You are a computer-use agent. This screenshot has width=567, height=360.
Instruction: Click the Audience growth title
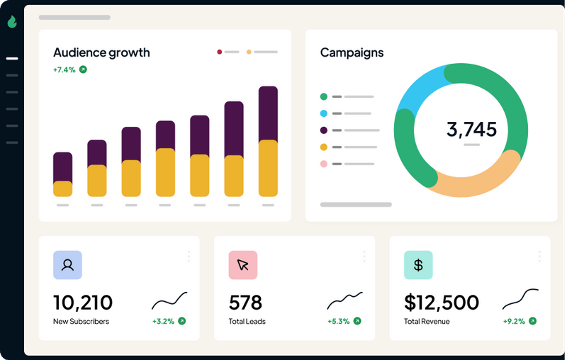pyautogui.click(x=101, y=52)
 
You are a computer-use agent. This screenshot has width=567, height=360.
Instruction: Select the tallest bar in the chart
pyautogui.click(x=268, y=141)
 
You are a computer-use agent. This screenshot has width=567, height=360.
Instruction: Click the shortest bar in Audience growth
pyautogui.click(x=63, y=174)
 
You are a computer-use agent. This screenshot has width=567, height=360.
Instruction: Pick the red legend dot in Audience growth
pyautogui.click(x=220, y=52)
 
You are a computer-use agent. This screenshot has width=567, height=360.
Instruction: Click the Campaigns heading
pyautogui.click(x=352, y=52)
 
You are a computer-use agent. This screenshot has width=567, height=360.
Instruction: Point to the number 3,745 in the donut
pyautogui.click(x=471, y=129)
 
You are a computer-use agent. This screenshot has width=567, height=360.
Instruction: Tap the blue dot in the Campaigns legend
pyautogui.click(x=324, y=113)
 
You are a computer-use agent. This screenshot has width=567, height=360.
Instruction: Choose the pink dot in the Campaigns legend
pyautogui.click(x=324, y=164)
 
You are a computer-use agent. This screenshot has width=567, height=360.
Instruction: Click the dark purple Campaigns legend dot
pyautogui.click(x=324, y=130)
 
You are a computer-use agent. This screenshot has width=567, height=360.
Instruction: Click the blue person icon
pyautogui.click(x=67, y=265)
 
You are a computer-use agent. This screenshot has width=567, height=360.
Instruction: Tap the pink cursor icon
pyautogui.click(x=242, y=265)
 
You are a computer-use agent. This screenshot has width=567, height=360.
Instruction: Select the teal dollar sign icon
pyautogui.click(x=418, y=265)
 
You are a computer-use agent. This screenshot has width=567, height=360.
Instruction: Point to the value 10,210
pyautogui.click(x=83, y=303)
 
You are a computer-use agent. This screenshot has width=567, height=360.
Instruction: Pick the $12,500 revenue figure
pyautogui.click(x=442, y=303)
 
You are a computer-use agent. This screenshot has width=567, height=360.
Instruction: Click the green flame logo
pyautogui.click(x=12, y=22)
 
